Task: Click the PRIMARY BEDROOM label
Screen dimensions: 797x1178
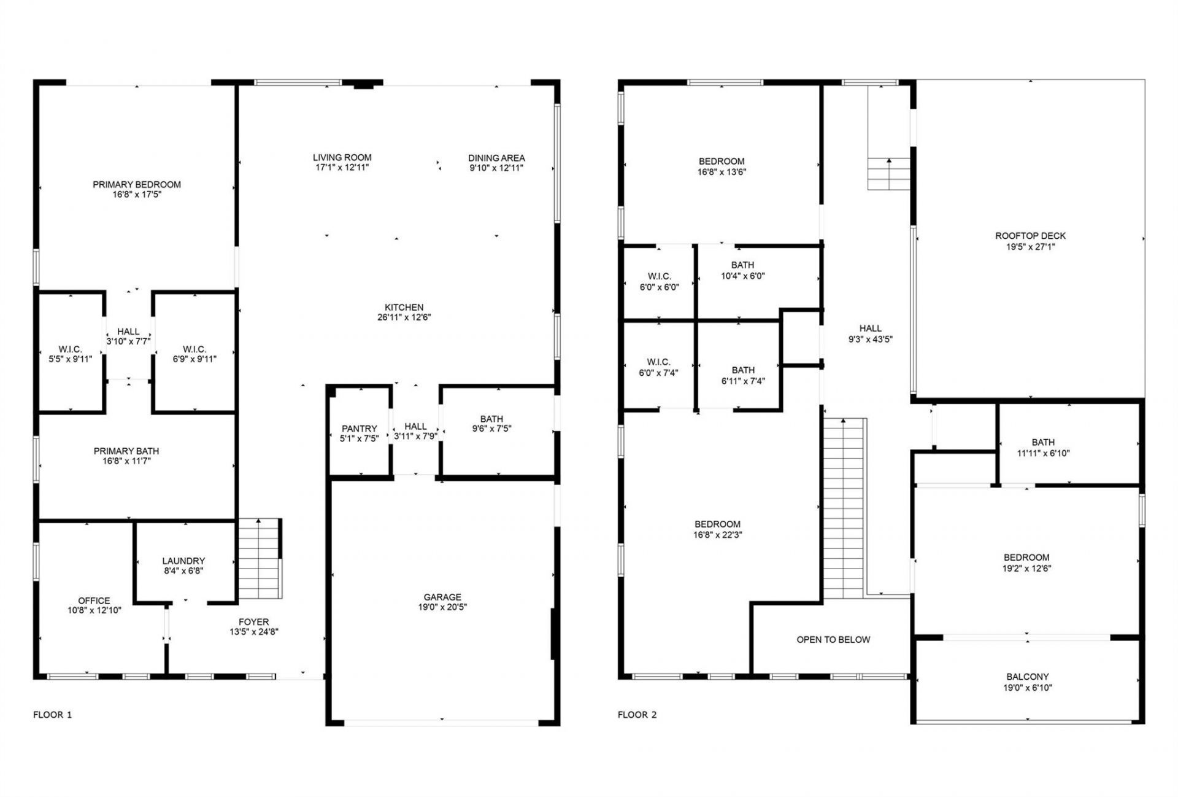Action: click(137, 184)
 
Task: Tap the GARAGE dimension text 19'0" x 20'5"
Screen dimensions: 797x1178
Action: click(442, 607)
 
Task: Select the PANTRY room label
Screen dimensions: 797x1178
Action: click(360, 429)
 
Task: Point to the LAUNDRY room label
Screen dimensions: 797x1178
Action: click(183, 561)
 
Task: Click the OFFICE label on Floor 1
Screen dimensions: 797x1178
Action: click(94, 601)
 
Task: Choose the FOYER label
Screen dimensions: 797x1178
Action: click(253, 621)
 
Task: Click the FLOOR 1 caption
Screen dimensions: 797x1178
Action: click(52, 715)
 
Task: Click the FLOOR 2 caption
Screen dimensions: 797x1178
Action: click(637, 715)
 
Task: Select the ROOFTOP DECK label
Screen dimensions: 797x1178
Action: click(1030, 236)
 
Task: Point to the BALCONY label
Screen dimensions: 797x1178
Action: click(1027, 677)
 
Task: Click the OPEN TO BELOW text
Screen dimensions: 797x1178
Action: click(833, 640)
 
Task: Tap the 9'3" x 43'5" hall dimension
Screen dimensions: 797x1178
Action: click(870, 339)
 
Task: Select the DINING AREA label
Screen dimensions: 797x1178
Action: click(496, 158)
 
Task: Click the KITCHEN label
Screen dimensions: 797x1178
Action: click(404, 307)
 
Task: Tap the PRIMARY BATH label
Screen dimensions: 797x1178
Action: click(126, 451)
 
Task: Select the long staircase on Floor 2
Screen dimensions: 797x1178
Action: click(843, 510)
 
